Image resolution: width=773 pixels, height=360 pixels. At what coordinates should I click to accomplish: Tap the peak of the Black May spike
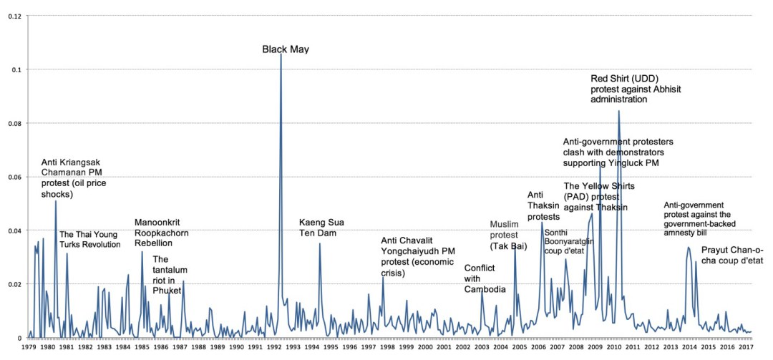point(281,54)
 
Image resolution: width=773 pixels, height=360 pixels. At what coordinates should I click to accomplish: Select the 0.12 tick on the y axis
point(15,16)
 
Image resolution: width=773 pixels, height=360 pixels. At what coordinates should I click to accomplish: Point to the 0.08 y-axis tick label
point(15,123)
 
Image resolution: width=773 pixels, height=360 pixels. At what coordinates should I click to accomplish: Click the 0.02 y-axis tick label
point(15,284)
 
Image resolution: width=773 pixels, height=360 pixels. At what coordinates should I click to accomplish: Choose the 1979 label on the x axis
point(29,347)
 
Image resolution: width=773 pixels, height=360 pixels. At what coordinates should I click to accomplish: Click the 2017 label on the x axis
point(745,347)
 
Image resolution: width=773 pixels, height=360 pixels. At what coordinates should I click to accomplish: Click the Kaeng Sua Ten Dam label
point(321,228)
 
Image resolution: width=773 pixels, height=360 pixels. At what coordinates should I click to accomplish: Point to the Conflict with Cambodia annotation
point(485,279)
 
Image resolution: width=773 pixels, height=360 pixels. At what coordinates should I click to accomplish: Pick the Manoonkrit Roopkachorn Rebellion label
point(165,233)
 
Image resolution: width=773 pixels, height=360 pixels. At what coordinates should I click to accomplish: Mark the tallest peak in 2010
point(618,111)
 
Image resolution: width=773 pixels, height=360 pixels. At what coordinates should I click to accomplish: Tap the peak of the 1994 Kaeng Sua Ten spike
point(319,244)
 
